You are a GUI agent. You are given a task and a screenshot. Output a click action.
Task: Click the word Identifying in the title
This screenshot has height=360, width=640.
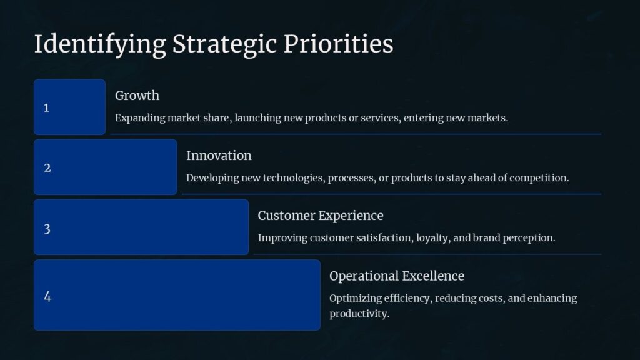pyautogui.click(x=100, y=44)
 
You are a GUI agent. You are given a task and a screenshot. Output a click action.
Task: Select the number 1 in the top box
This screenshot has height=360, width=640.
pyautogui.click(x=46, y=108)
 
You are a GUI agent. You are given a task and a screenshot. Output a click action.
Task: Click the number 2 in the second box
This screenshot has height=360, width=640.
pyautogui.click(x=47, y=168)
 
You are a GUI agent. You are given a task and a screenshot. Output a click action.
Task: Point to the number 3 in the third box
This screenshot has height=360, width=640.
pyautogui.click(x=47, y=229)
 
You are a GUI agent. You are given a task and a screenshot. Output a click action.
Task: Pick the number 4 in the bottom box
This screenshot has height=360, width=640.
pyautogui.click(x=47, y=296)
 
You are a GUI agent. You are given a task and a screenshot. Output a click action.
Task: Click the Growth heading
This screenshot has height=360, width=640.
pyautogui.click(x=137, y=96)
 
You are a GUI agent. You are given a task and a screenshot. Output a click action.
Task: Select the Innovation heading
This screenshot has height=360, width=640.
pyautogui.click(x=219, y=156)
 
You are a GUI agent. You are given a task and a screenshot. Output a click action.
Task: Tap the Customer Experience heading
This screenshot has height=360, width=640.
pyautogui.click(x=321, y=216)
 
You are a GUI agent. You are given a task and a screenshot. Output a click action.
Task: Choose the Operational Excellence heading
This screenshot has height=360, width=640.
pyautogui.click(x=397, y=276)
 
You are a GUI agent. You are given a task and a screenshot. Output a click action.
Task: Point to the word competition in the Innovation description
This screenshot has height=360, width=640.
pyautogui.click(x=539, y=177)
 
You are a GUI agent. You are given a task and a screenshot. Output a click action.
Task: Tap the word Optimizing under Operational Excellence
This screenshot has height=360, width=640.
pyautogui.click(x=354, y=298)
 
